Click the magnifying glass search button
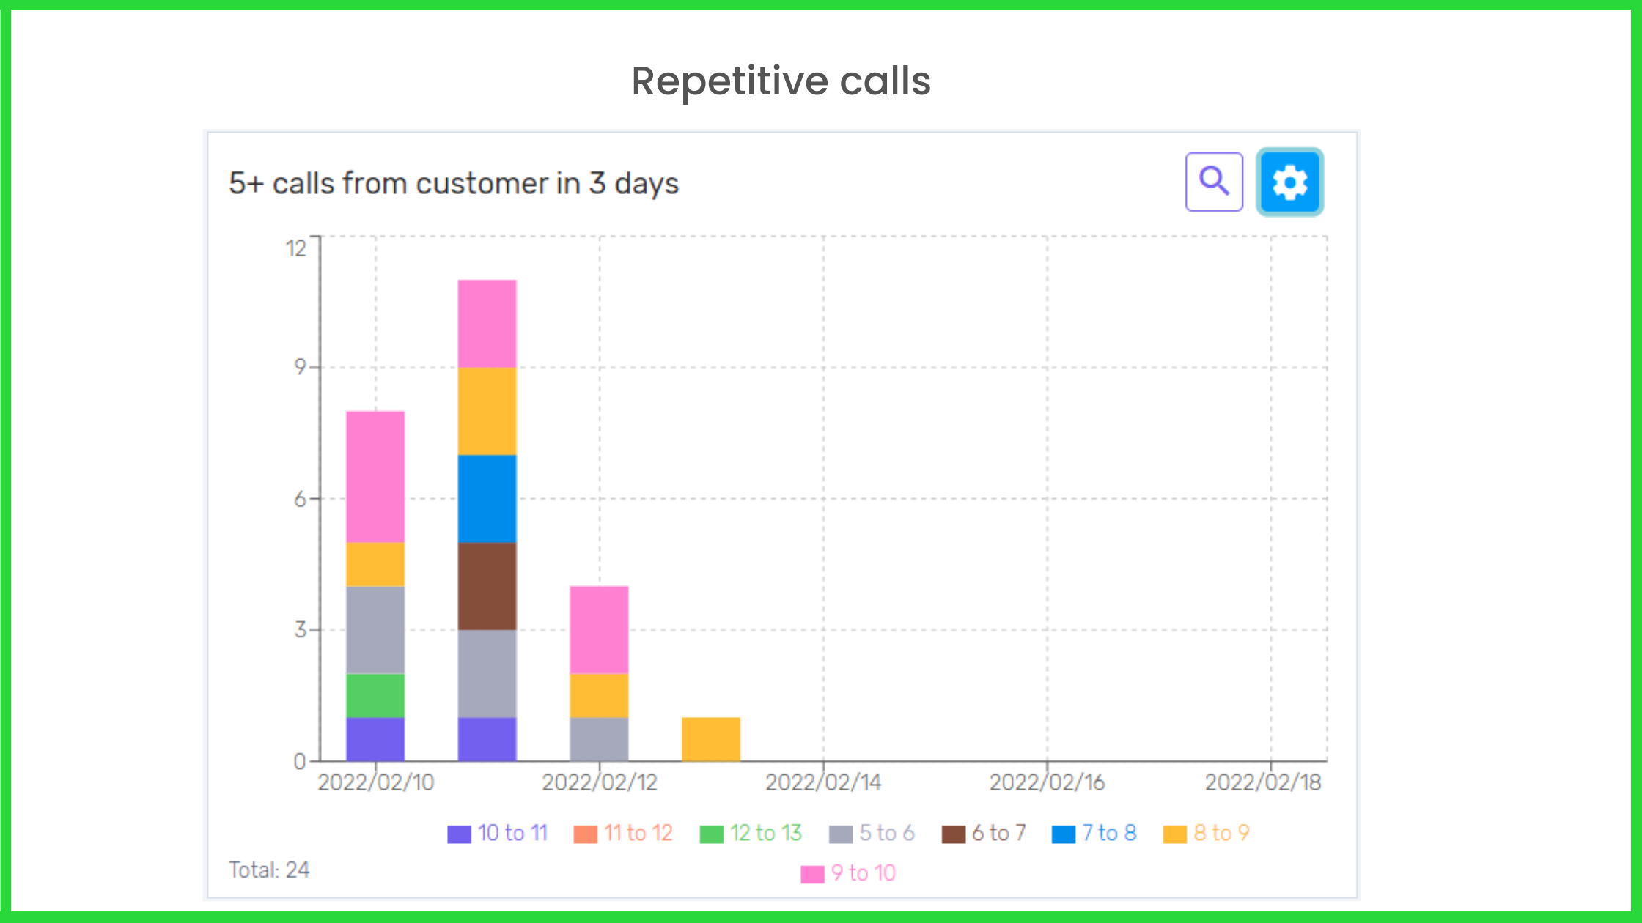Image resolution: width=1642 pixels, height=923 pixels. click(1214, 182)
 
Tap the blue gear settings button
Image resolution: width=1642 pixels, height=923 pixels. click(1289, 182)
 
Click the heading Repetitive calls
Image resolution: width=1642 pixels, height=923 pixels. click(781, 81)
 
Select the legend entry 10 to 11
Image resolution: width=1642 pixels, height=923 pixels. click(498, 833)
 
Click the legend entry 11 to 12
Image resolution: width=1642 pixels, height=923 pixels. click(624, 833)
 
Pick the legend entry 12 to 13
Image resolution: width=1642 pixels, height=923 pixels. click(751, 833)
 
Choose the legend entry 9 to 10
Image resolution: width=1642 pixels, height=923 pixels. click(849, 873)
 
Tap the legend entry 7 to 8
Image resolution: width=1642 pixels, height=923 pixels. click(1094, 833)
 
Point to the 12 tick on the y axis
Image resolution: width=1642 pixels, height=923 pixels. click(295, 248)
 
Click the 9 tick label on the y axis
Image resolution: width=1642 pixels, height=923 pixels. click(300, 366)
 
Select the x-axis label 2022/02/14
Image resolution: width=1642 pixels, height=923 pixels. click(822, 782)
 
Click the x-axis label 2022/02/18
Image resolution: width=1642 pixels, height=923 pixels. click(1262, 782)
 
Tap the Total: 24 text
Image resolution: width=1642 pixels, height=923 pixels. click(269, 870)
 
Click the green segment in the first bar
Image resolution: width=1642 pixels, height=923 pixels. click(375, 695)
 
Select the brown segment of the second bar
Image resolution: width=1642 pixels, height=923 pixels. click(487, 586)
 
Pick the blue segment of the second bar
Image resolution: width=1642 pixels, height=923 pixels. click(487, 498)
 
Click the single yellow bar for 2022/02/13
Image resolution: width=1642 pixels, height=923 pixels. click(710, 739)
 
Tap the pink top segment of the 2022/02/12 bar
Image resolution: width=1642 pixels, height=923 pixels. click(599, 629)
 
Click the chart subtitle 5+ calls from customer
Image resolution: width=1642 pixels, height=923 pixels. click(453, 183)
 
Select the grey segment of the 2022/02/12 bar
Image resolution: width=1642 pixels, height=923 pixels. click(599, 739)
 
